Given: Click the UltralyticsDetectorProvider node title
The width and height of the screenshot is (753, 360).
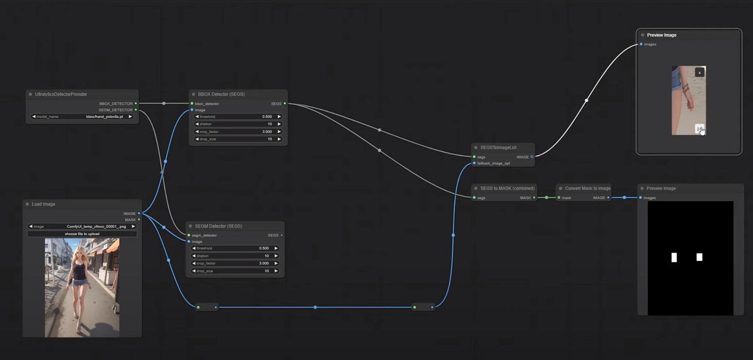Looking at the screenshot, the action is coord(61,94).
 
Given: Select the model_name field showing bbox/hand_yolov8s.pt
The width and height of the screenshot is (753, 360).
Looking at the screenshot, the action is coord(82,117).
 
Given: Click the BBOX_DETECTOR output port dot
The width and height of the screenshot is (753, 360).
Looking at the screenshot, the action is coord(136,104).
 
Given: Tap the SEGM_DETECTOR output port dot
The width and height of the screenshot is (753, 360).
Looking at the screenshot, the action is coord(136,110).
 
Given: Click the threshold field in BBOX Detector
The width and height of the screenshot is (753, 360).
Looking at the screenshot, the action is coord(238,117).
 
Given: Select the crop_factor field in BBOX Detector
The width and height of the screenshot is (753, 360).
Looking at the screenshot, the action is coord(238,132).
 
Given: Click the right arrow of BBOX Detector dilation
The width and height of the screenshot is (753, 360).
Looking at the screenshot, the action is coord(279,124).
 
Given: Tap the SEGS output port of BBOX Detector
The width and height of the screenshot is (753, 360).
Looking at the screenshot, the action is coord(285,104).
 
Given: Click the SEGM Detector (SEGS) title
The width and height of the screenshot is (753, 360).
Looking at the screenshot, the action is coord(218,226).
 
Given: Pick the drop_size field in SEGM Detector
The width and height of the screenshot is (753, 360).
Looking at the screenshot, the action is coord(235,271).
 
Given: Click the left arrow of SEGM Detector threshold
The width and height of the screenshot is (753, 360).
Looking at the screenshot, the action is coord(194,249).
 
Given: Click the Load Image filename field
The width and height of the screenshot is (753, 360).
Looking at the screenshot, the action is coord(82,227).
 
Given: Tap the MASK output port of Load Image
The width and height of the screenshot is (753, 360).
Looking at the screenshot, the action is coord(139,220).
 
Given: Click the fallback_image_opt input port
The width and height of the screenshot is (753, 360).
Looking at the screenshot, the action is coord(474,163).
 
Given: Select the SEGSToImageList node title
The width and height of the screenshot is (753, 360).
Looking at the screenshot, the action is coord(498,148).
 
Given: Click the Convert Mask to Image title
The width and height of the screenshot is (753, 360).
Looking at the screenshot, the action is coord(587,188).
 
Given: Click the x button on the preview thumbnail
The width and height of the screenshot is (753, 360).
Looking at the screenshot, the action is coord(700,73).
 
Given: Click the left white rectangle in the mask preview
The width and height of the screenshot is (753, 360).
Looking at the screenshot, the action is coord(674,257).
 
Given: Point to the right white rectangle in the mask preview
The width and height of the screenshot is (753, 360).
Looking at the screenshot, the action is coord(699,257).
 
